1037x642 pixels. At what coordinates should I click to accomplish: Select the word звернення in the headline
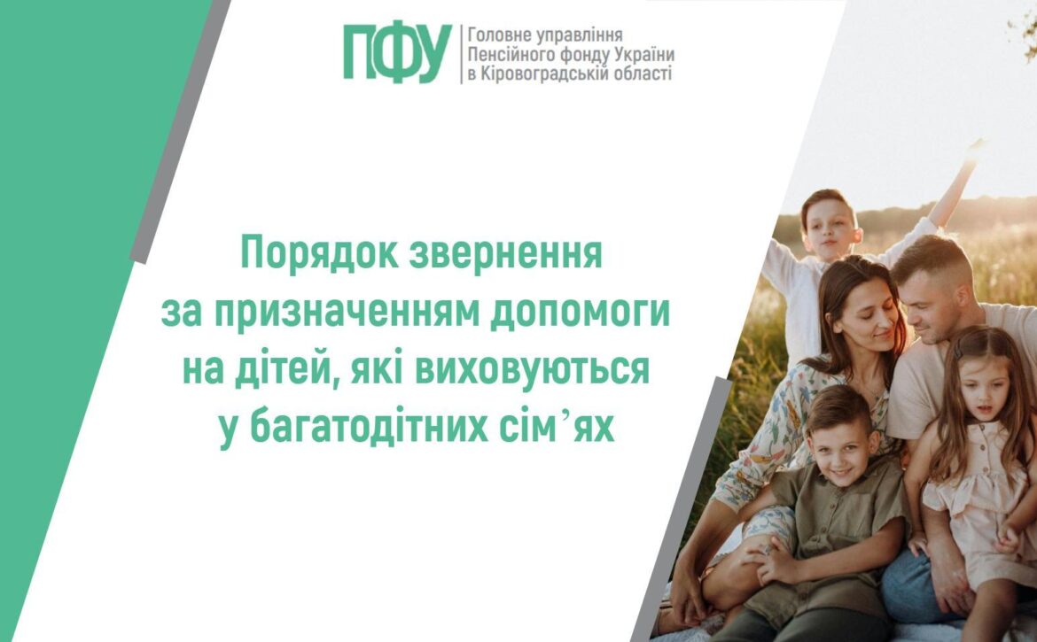506,254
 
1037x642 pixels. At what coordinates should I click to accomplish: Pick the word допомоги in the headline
580,313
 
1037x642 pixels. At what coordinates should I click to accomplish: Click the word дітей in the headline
293,370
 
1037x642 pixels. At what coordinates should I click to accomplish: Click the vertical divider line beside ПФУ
461,55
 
